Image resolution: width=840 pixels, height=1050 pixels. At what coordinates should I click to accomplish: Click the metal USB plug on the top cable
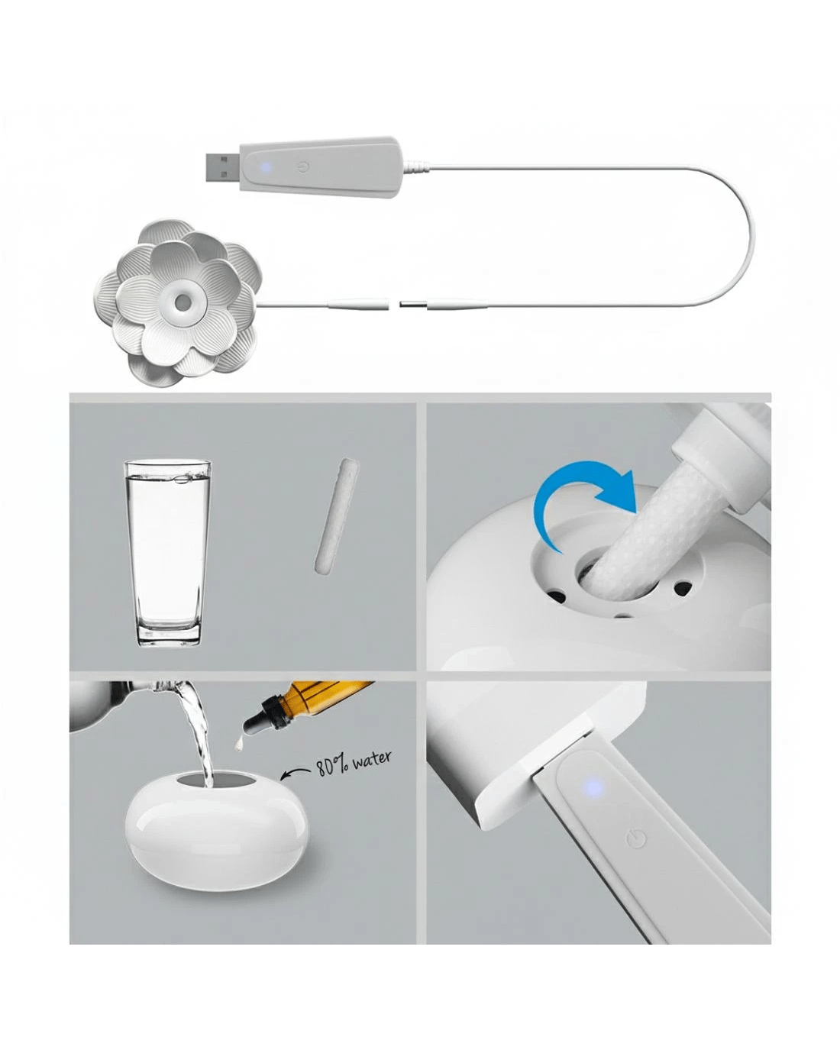pyautogui.click(x=222, y=166)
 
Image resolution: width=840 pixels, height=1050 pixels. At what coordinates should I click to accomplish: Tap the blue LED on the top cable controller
pyautogui.click(x=266, y=168)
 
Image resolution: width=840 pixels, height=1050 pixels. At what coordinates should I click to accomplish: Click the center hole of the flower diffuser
pyautogui.click(x=184, y=302)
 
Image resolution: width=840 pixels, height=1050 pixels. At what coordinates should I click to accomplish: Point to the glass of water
pyautogui.click(x=169, y=553)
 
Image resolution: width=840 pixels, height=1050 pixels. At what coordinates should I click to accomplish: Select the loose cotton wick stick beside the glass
pyautogui.click(x=338, y=515)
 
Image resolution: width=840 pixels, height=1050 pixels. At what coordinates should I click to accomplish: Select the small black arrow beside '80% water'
pyautogui.click(x=296, y=774)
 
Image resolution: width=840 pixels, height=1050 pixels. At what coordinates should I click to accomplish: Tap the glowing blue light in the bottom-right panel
pyautogui.click(x=593, y=787)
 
